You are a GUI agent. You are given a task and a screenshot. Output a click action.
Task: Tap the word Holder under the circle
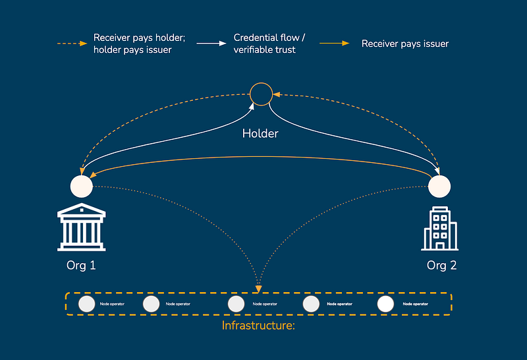tap(260, 134)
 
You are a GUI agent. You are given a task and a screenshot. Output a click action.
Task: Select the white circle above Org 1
tap(81, 187)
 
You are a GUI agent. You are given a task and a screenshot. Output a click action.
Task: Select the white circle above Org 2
tap(439, 187)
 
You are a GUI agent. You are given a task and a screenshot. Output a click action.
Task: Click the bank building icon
tap(81, 227)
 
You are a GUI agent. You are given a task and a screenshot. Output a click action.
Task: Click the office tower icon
tap(439, 228)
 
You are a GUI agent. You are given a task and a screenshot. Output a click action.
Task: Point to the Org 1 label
tap(81, 266)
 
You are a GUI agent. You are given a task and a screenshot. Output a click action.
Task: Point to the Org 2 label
tap(441, 266)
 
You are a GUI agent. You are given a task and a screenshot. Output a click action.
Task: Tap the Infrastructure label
tap(258, 325)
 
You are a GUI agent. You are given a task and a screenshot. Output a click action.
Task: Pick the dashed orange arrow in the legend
tap(72, 44)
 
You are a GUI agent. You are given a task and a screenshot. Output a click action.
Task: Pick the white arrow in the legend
tap(211, 44)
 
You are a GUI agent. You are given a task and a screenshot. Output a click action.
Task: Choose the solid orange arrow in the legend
tap(335, 43)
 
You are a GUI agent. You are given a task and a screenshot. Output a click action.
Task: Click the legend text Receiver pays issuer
tap(405, 44)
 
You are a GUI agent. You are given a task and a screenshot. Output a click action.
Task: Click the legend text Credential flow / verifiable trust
tap(269, 44)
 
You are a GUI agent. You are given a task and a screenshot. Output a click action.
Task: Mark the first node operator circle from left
tap(87, 304)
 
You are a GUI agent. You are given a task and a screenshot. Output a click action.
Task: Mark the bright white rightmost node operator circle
tap(385, 304)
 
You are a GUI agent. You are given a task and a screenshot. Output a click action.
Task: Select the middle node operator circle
tap(236, 304)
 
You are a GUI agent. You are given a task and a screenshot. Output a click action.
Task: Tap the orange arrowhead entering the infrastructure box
tap(258, 289)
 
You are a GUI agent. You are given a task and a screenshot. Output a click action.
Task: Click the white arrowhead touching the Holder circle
tap(252, 107)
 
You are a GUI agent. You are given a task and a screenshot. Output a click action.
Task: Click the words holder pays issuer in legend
tap(132, 50)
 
